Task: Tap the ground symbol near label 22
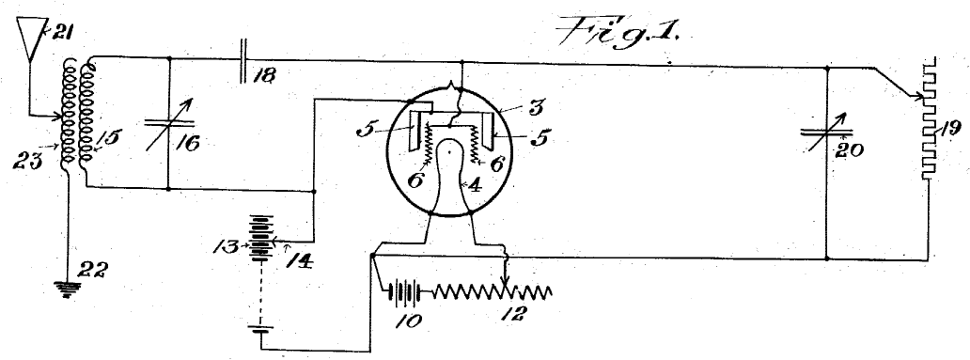tap(67, 289)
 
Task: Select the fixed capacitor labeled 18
tap(243, 60)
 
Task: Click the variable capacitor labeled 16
tap(169, 124)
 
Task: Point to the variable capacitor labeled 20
tap(826, 132)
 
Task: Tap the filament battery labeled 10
tap(404, 290)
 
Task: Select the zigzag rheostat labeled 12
tap(492, 291)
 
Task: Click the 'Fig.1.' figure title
tap(618, 31)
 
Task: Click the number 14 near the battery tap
tap(299, 259)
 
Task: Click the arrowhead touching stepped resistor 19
tap(914, 94)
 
